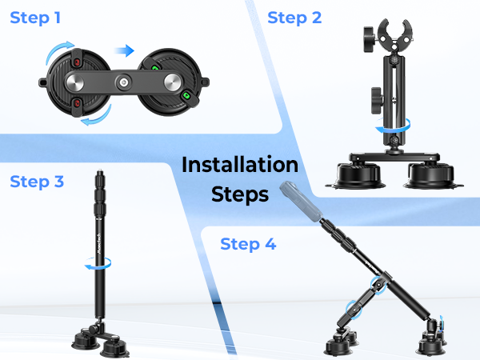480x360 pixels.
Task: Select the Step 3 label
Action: [37, 182]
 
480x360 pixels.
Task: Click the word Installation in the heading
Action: [240, 166]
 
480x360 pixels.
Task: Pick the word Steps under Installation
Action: [240, 194]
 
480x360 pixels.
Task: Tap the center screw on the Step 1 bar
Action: [124, 82]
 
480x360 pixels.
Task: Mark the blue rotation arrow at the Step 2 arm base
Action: [394, 125]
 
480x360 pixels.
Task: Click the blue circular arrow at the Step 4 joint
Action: [353, 309]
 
